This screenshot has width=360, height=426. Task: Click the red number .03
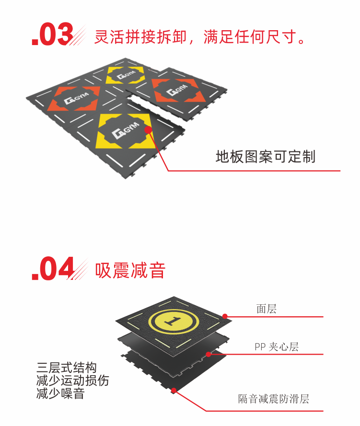52,34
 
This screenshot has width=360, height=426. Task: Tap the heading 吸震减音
130,270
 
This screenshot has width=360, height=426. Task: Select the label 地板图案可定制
266,157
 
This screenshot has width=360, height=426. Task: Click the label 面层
266,309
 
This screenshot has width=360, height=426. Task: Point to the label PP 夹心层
277,347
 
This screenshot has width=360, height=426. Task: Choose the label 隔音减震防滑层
274,399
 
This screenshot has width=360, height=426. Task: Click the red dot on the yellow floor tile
148,130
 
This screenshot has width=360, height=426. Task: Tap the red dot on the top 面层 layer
225,316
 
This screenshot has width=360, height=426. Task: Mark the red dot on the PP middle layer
209,354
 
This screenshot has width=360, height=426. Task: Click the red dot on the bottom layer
174,391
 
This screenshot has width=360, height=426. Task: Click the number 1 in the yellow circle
173,322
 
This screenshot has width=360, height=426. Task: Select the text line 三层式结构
67,368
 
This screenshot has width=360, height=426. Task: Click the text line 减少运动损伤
72,380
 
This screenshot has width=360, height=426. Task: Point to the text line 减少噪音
60,394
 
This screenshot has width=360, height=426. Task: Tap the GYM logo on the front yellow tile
126,130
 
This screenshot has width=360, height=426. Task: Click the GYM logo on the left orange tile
77,99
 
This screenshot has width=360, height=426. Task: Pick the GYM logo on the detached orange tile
177,90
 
